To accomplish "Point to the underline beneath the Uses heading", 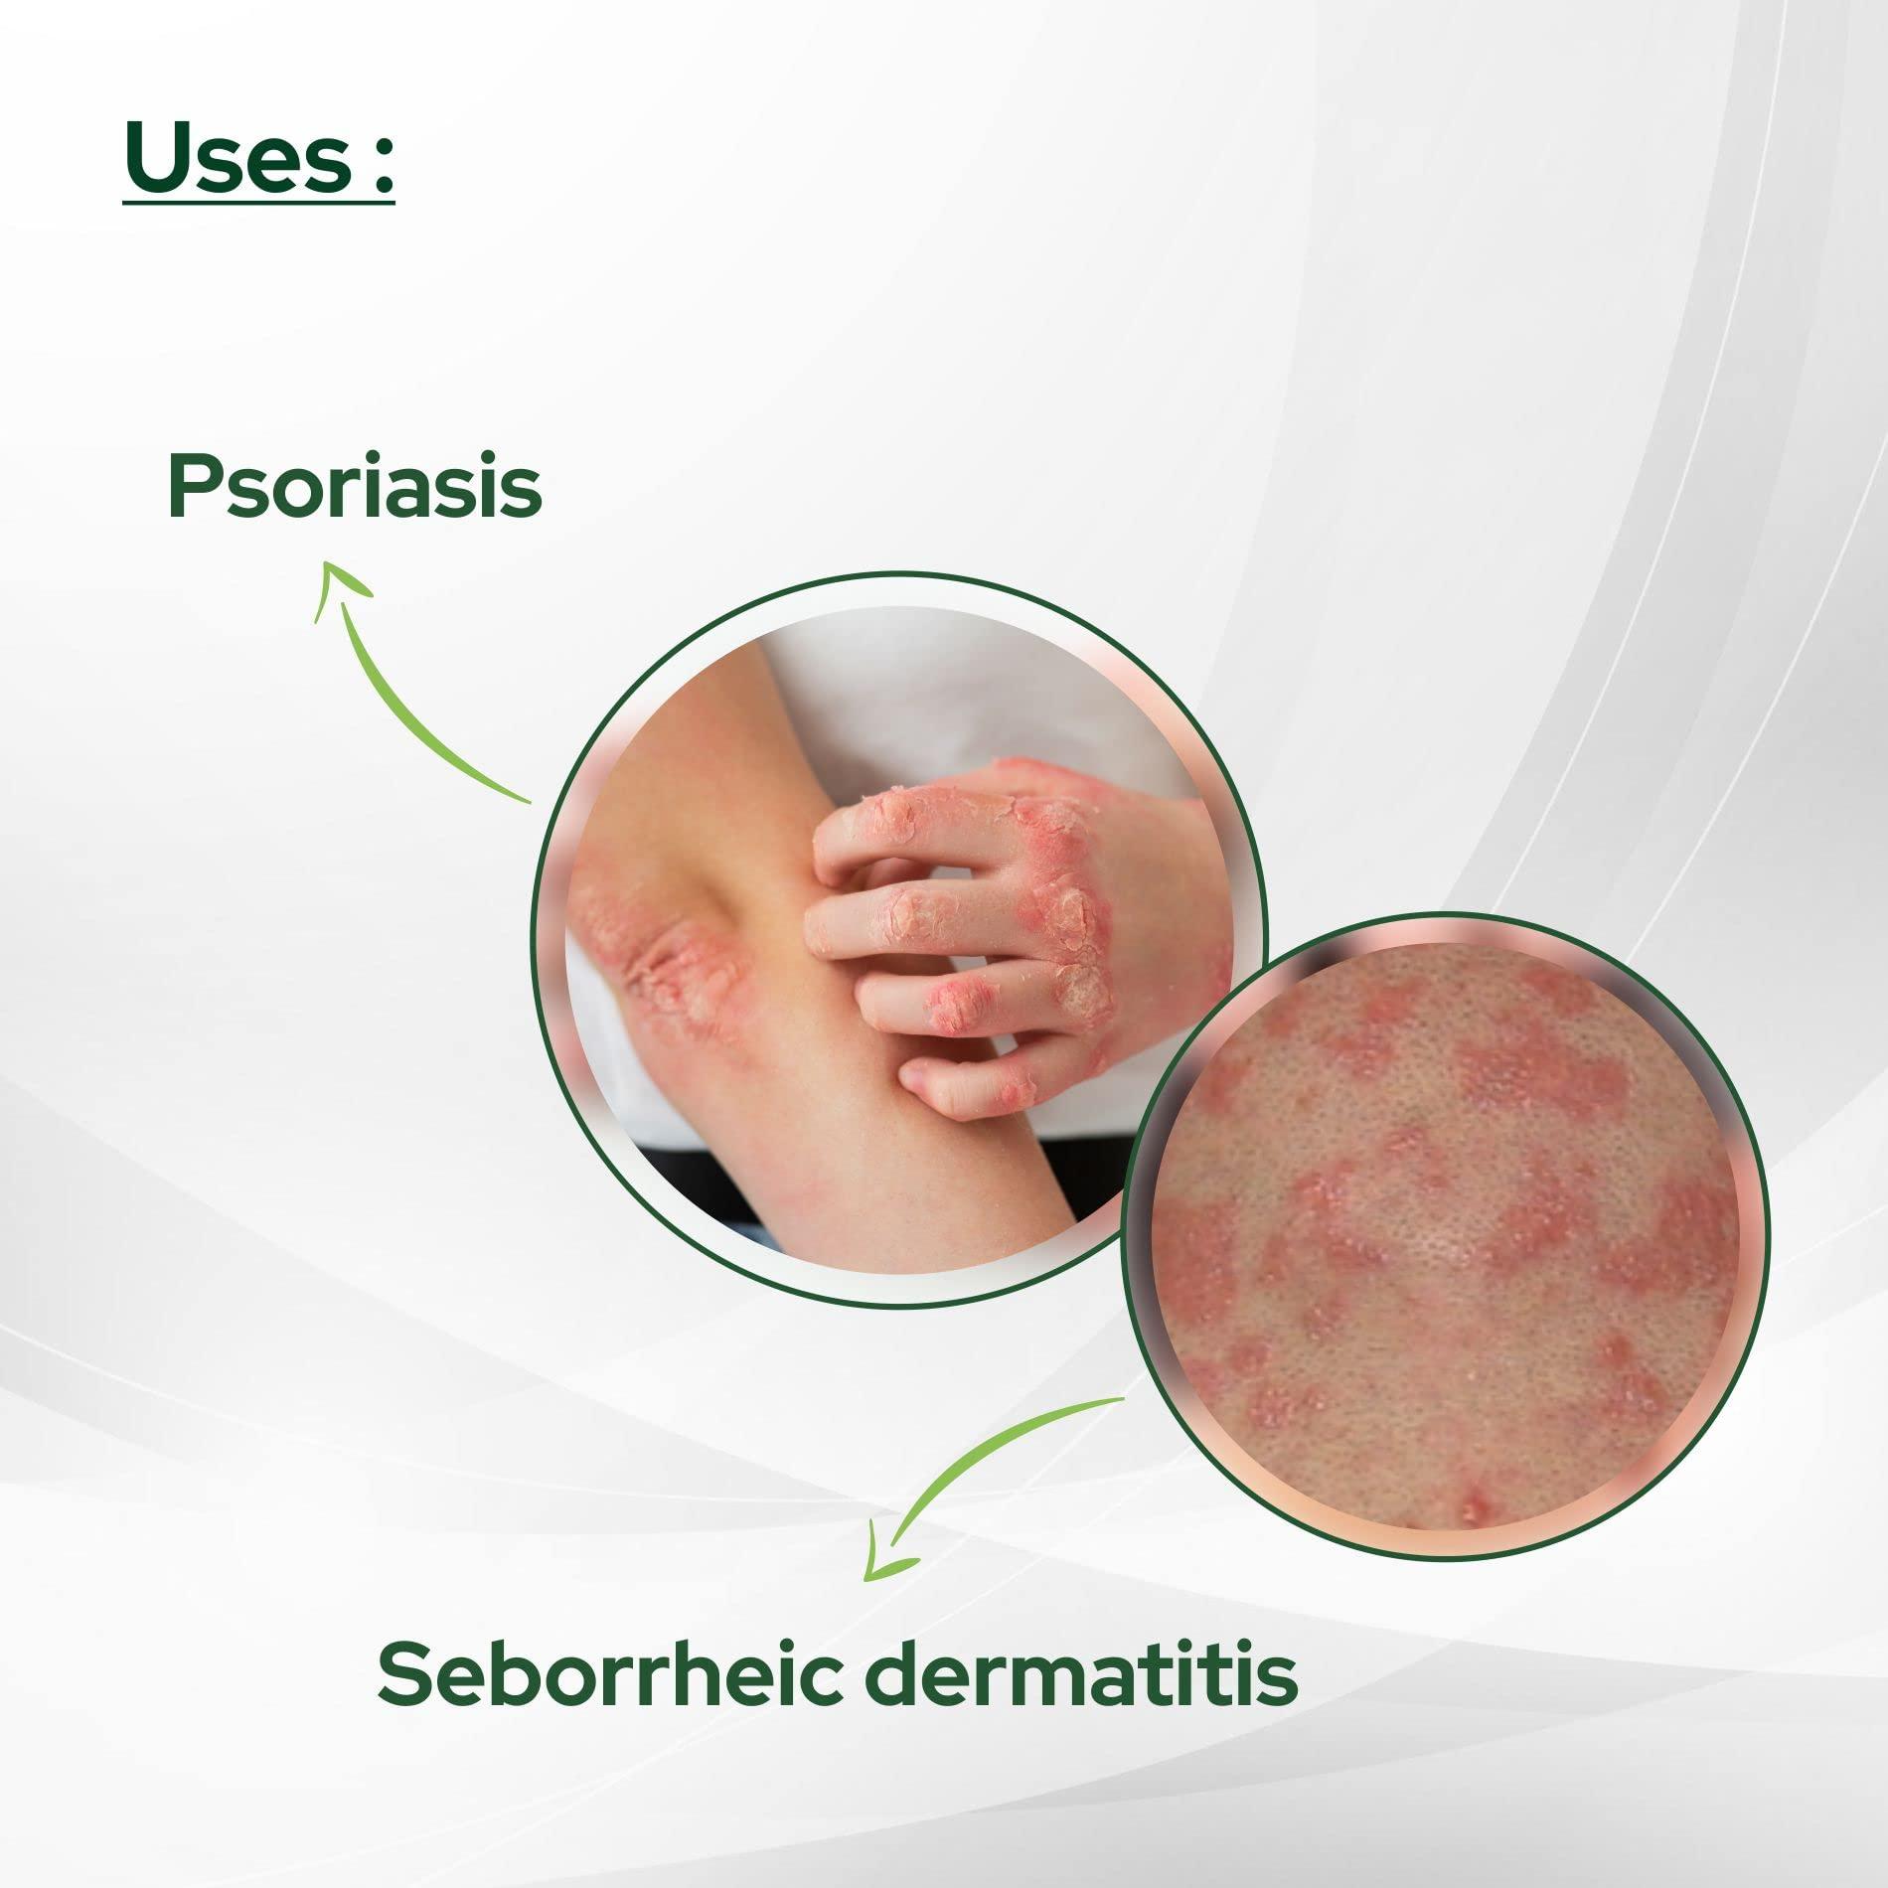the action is point(259,204).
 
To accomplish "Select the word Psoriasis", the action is point(355,487).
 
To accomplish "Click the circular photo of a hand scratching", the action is point(899,939).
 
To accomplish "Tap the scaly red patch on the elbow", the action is point(661,969).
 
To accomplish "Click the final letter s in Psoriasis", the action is point(522,494).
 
